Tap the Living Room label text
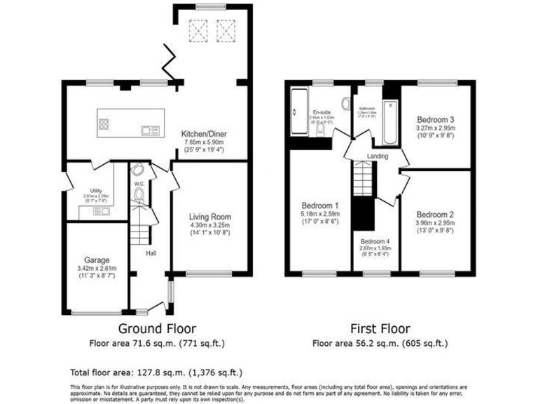pyautogui.click(x=209, y=217)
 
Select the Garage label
pyautogui.click(x=97, y=258)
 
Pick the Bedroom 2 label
pyautogui.click(x=435, y=215)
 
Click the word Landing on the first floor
pyautogui.click(x=378, y=156)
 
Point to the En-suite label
pyautogui.click(x=322, y=112)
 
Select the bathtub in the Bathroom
pyautogui.click(x=390, y=116)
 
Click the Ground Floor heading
pyautogui.click(x=156, y=328)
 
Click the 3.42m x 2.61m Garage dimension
pyautogui.click(x=97, y=268)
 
